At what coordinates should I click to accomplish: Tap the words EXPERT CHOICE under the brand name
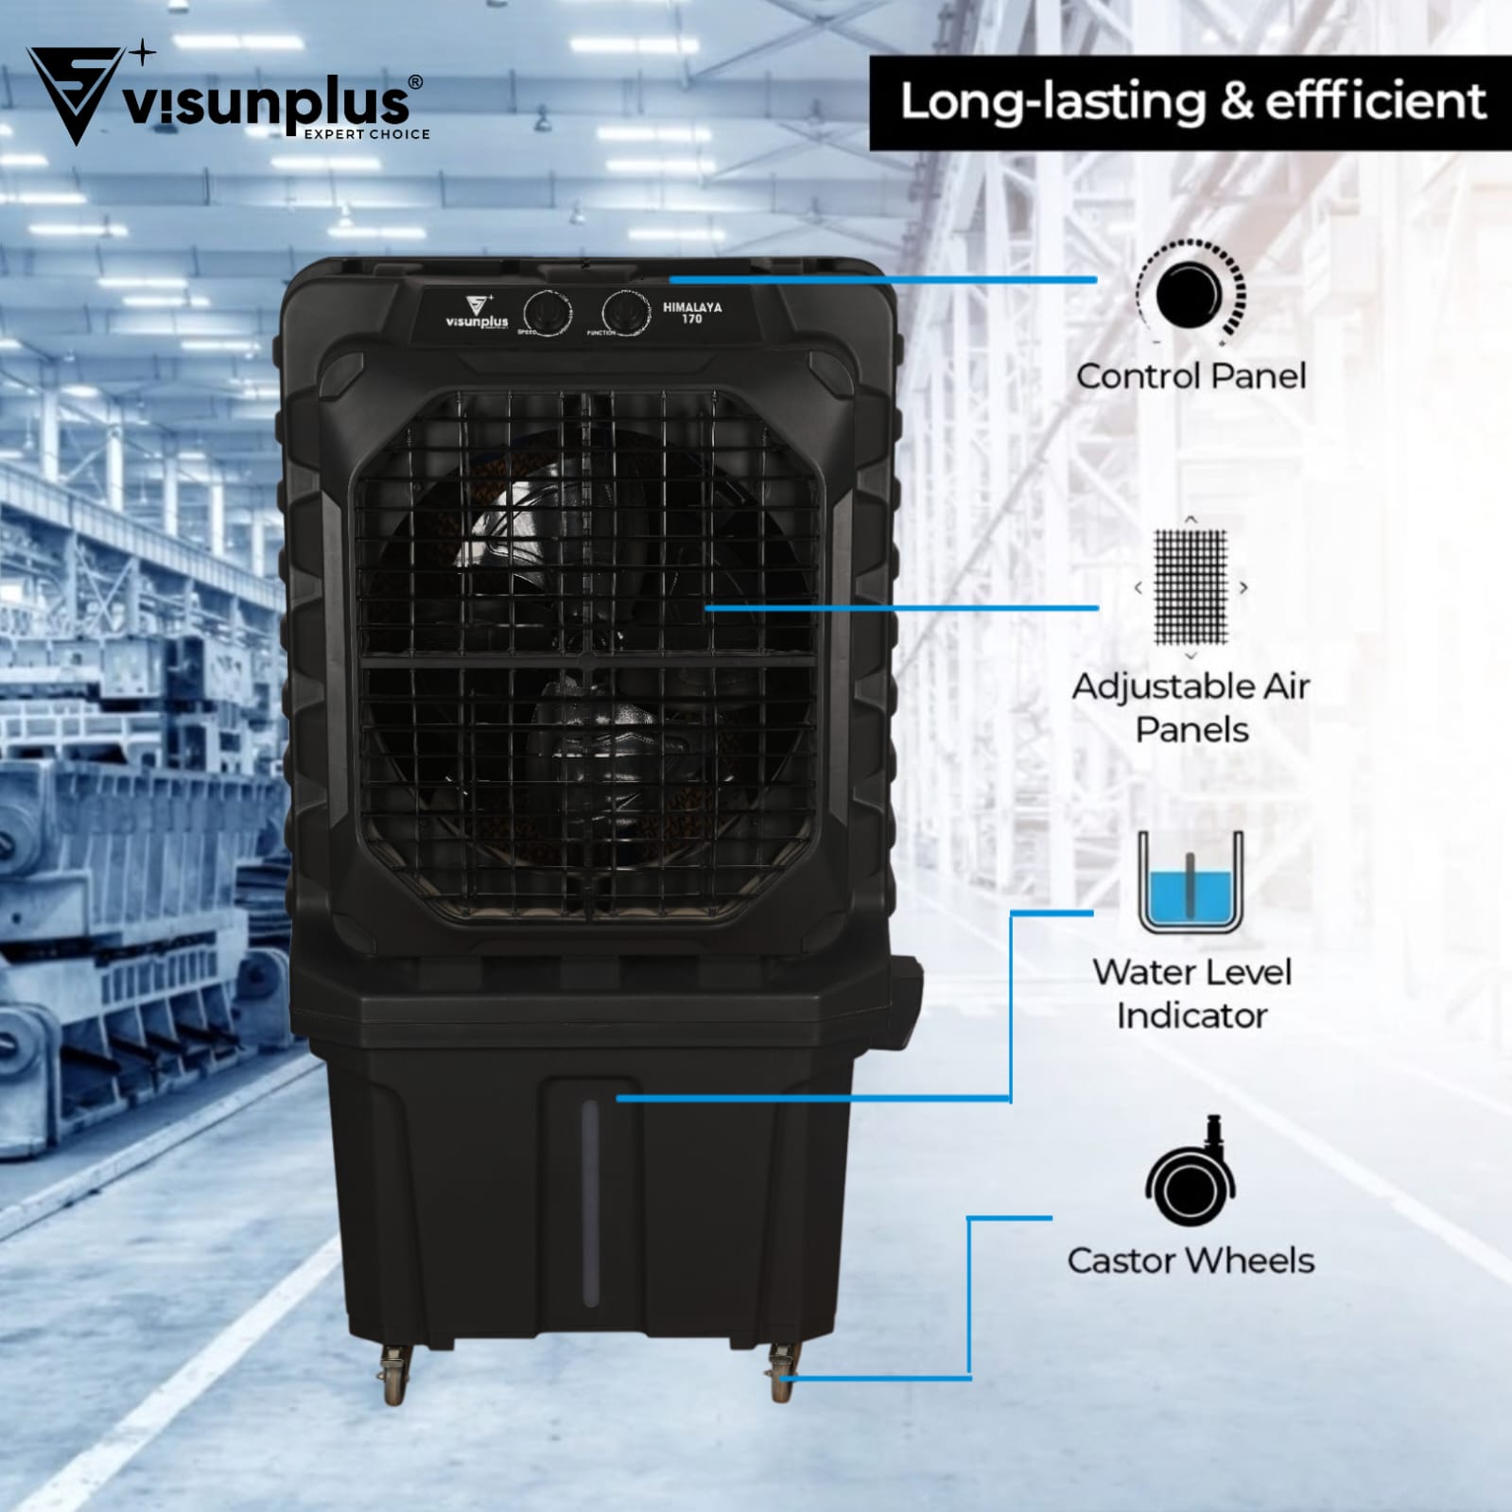pos(366,134)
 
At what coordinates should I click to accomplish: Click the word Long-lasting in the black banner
pos(1051,102)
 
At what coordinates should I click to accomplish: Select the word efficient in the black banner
pos(1376,102)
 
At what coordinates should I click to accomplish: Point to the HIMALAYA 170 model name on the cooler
pos(692,313)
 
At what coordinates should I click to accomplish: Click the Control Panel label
pos(1190,376)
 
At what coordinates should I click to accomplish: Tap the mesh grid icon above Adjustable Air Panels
pos(1190,586)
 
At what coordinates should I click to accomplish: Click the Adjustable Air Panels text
pos(1190,707)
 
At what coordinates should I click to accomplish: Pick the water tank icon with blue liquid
pos(1190,883)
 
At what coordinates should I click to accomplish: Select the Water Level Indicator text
pos(1190,994)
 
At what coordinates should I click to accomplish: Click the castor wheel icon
pos(1190,1177)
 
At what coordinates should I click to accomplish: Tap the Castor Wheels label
pos(1190,1260)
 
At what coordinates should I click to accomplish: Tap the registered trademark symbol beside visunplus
pos(415,83)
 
